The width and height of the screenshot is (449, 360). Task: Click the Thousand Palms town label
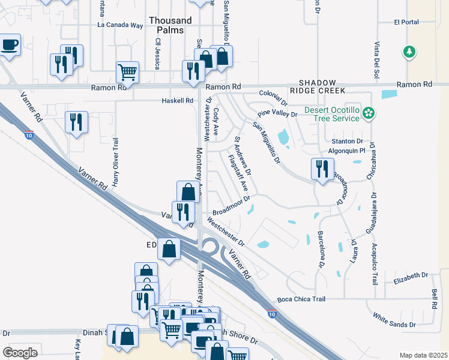pyautogui.click(x=170, y=25)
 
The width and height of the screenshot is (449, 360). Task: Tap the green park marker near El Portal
pyautogui.click(x=409, y=52)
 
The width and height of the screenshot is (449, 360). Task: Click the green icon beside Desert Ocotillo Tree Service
pyautogui.click(x=369, y=113)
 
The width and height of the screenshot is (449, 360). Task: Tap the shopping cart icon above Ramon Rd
pyautogui.click(x=127, y=72)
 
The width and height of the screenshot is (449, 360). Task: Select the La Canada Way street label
pyautogui.click(x=121, y=26)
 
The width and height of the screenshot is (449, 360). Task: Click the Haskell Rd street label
pyautogui.click(x=178, y=101)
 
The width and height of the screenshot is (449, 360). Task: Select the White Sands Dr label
pyautogui.click(x=394, y=320)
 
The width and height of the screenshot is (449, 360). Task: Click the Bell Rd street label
pyautogui.click(x=434, y=298)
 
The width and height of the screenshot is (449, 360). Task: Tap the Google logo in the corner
pyautogui.click(x=20, y=352)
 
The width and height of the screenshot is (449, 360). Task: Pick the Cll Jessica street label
pyautogui.click(x=158, y=53)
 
